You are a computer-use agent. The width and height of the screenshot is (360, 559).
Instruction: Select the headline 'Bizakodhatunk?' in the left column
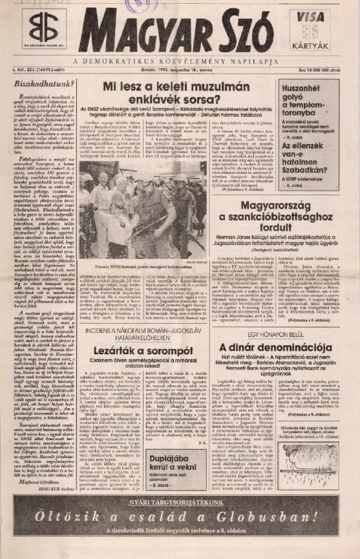pos(40,83)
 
